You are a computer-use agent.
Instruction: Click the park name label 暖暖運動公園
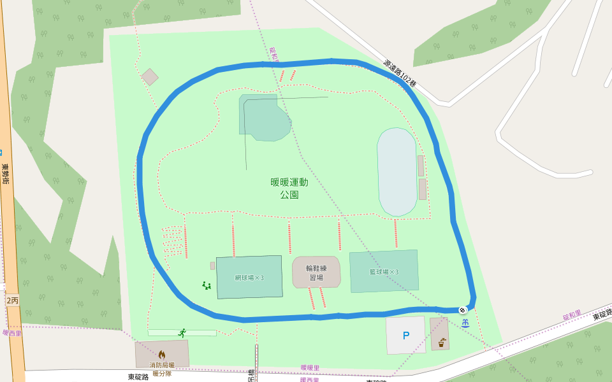(289, 188)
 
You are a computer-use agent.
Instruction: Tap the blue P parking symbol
(405, 336)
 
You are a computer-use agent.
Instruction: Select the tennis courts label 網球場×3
(249, 278)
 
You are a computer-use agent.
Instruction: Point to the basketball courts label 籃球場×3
(384, 272)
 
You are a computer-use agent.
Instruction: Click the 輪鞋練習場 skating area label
(316, 272)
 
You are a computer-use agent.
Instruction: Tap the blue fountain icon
(466, 323)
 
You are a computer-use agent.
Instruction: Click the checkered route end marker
(463, 310)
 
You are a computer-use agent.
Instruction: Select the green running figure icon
(182, 332)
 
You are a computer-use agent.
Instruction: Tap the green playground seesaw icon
(207, 285)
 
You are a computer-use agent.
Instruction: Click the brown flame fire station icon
(162, 354)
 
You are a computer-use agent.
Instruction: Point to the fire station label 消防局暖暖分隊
(162, 369)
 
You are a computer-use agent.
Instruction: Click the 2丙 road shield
(12, 299)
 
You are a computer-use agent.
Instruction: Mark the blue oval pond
(397, 172)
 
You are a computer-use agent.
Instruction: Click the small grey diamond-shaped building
(150, 77)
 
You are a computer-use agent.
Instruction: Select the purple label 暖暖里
(310, 368)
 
